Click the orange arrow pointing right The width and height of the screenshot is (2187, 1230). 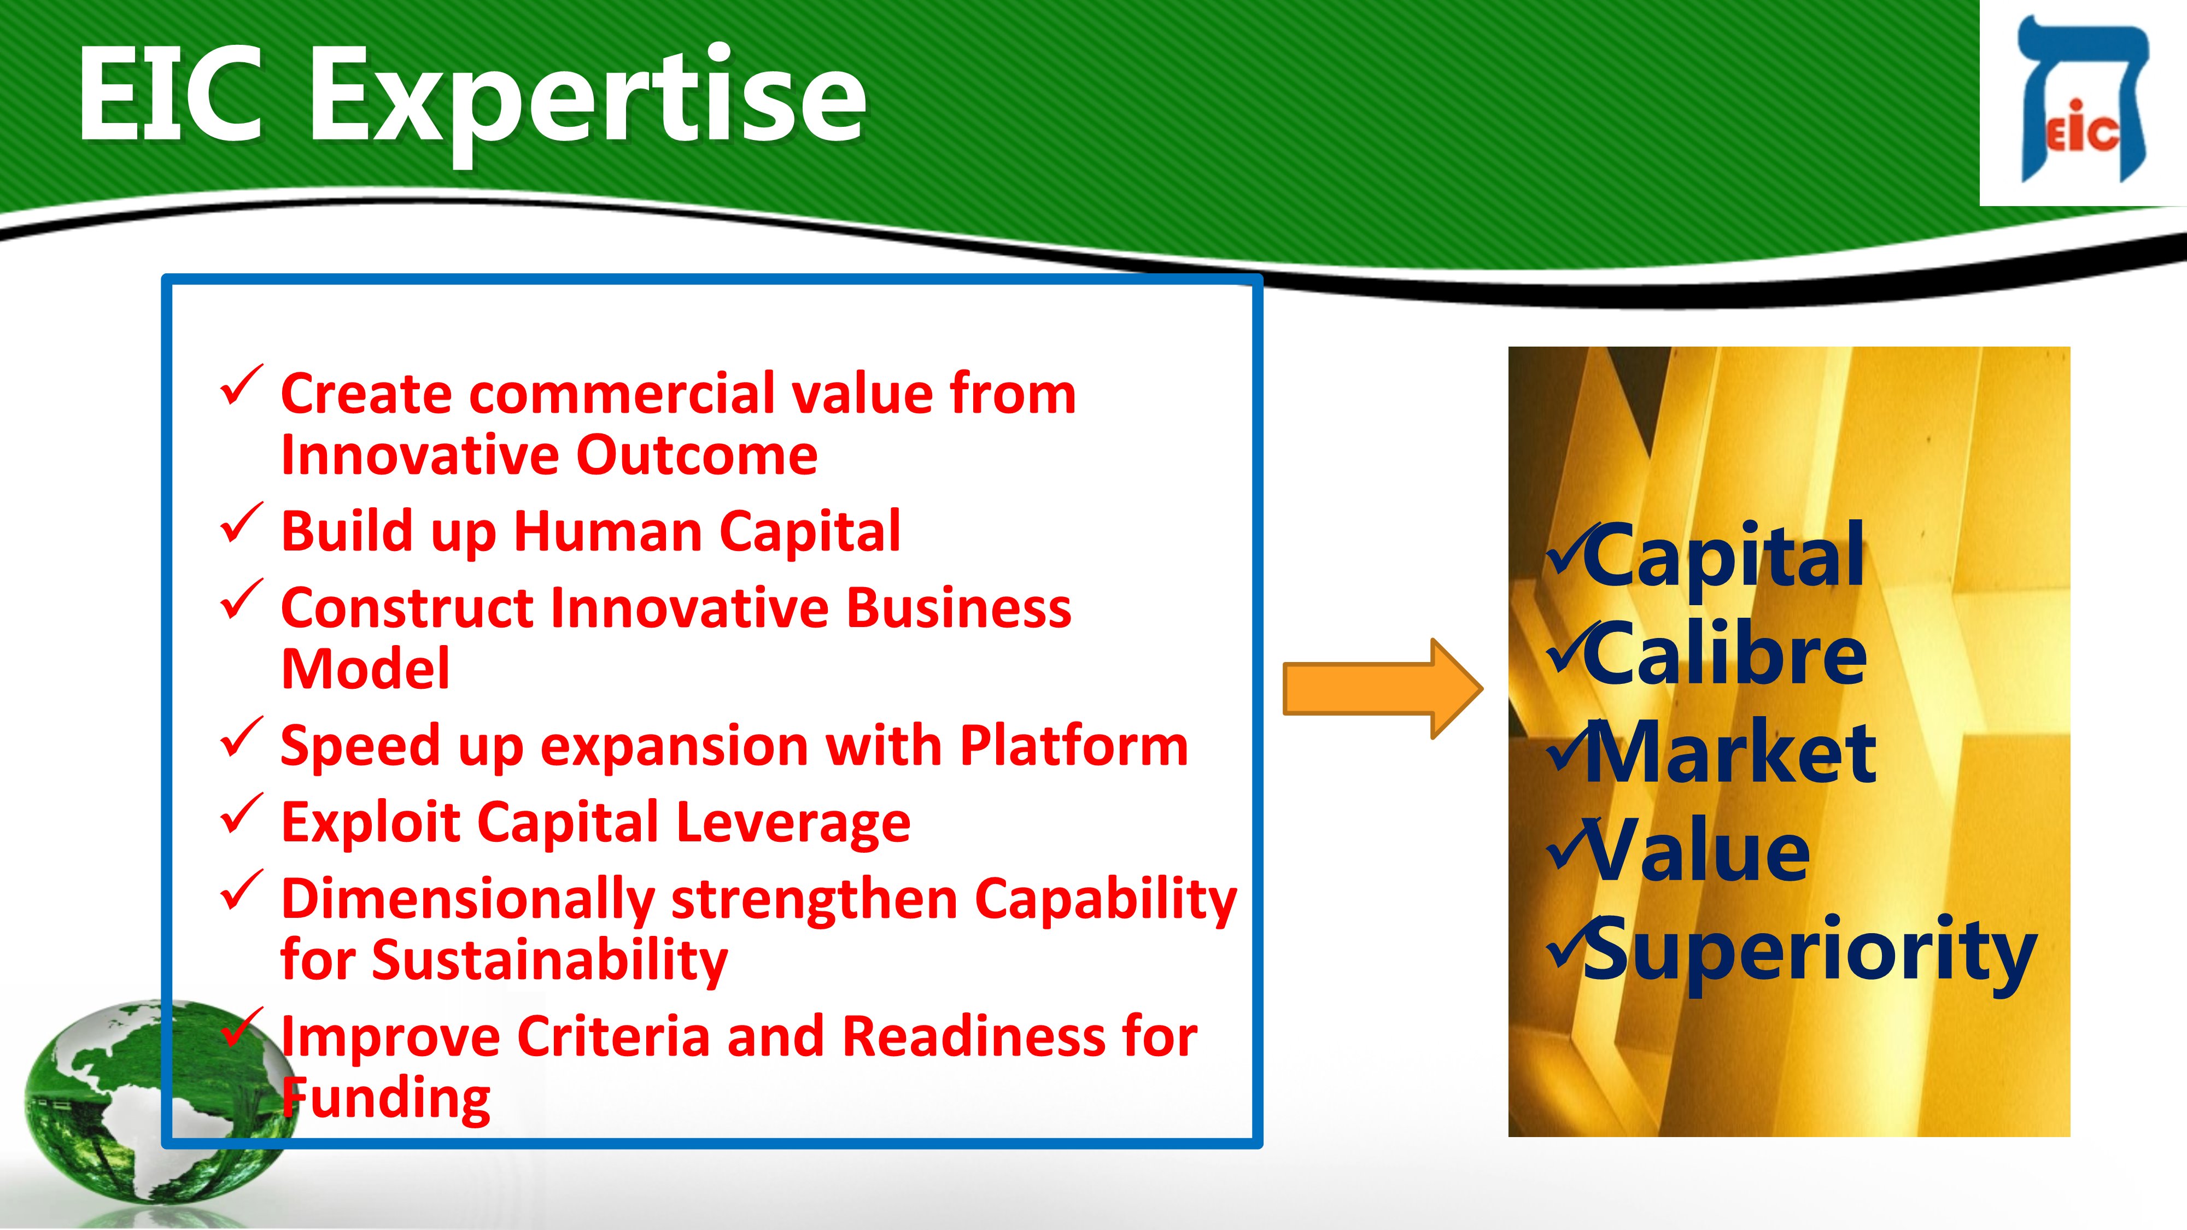coord(1382,688)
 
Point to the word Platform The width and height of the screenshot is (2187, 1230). coord(1074,747)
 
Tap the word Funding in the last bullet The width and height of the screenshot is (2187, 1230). coord(387,1099)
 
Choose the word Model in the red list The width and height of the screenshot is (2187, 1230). coord(366,669)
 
